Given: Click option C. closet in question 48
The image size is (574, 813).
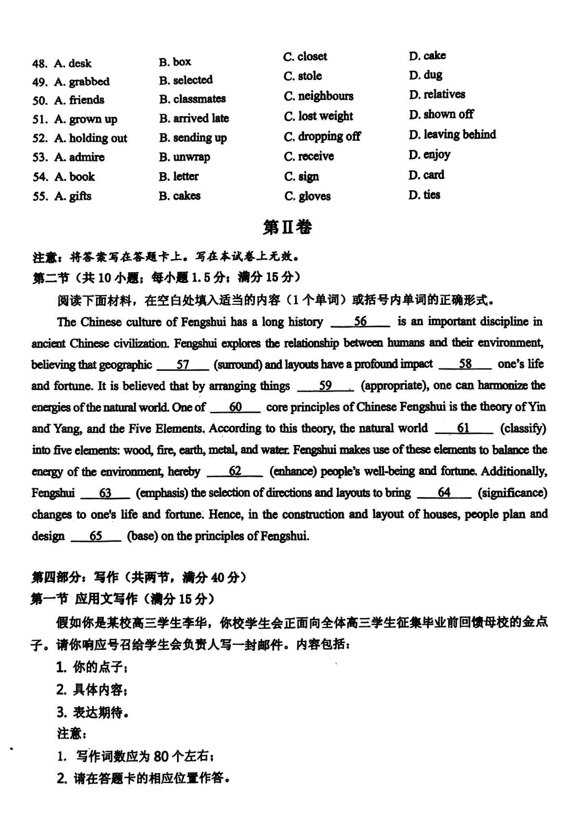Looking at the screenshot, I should pyautogui.click(x=305, y=56).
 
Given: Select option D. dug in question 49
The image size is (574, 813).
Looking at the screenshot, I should pyautogui.click(x=425, y=75).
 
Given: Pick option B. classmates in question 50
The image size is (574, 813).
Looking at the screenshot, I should pyautogui.click(x=192, y=99).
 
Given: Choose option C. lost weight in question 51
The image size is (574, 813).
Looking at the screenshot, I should pyautogui.click(x=318, y=116).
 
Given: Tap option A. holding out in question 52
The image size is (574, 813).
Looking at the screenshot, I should pyautogui.click(x=91, y=138).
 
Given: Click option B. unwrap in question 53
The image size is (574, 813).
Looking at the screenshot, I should pyautogui.click(x=185, y=157).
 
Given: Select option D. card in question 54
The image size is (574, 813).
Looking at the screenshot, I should pyautogui.click(x=426, y=175).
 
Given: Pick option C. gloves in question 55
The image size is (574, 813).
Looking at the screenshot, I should pyautogui.click(x=307, y=196).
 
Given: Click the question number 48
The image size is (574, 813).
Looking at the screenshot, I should pyautogui.click(x=39, y=64).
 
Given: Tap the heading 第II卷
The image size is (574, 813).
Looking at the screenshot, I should pyautogui.click(x=287, y=227).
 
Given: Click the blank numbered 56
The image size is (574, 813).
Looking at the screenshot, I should pyautogui.click(x=360, y=322).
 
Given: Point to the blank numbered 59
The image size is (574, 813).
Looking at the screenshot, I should pyautogui.click(x=325, y=386).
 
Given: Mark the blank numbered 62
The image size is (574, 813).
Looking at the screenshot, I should pyautogui.click(x=235, y=471).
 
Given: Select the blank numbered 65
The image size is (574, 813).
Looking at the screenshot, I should pyautogui.click(x=96, y=536).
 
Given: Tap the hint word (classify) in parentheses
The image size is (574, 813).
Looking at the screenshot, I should pyautogui.click(x=523, y=428).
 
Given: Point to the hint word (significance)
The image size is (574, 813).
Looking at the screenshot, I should pyautogui.click(x=512, y=493).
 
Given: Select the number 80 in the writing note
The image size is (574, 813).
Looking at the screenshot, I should pyautogui.click(x=161, y=757).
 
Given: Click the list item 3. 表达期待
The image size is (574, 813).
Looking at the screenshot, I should pyautogui.click(x=93, y=713).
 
